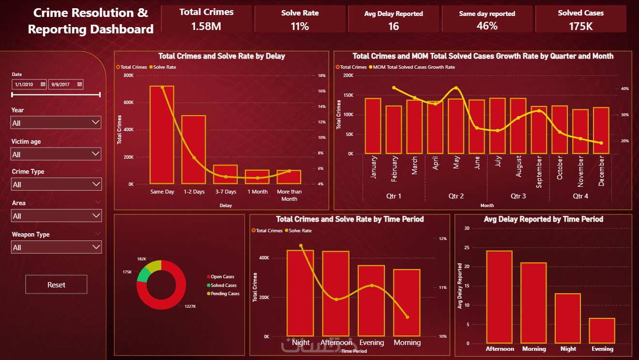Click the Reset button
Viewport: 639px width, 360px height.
[56, 285]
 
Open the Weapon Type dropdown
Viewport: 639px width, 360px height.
[56, 247]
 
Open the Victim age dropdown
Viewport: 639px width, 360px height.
[56, 154]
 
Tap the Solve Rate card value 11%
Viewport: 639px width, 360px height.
[300, 26]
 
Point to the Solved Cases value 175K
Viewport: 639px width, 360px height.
[580, 26]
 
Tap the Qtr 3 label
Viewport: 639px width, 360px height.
[518, 196]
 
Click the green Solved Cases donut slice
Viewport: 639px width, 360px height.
[143, 275]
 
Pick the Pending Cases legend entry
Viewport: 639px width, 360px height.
[225, 294]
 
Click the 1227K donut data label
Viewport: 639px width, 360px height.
[190, 306]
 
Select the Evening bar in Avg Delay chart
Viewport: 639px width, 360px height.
[602, 331]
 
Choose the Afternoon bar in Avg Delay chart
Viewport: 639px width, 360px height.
[499, 297]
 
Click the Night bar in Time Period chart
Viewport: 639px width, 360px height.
[300, 293]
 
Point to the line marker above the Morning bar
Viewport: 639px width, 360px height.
[407, 317]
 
